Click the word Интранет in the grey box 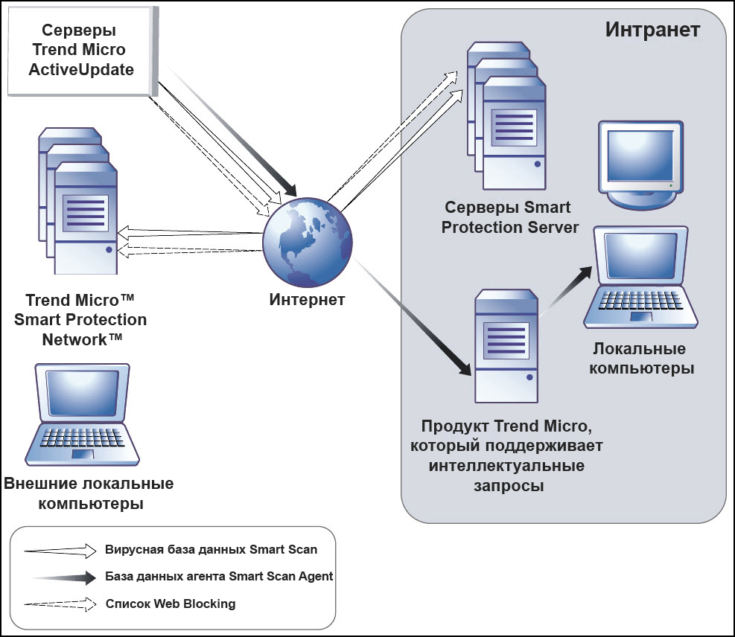click(652, 30)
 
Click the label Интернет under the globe click(307, 300)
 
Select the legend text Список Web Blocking click(171, 604)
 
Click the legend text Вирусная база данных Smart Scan click(211, 550)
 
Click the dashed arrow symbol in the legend click(60, 604)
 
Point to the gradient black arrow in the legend click(64, 577)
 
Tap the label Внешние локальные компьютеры click(89, 493)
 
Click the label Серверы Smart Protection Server click(510, 217)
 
